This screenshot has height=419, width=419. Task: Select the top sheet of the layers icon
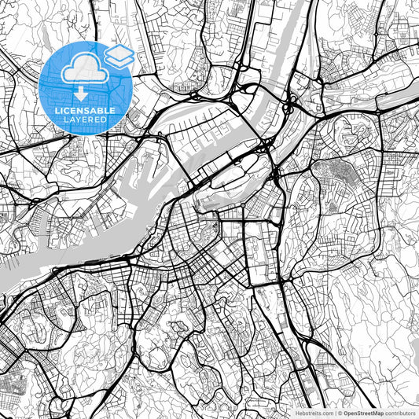119,51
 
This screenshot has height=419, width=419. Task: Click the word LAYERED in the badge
84,121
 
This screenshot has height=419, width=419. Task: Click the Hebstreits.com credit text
313,413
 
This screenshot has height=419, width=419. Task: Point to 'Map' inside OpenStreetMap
377,413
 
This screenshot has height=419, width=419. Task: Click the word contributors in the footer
401,413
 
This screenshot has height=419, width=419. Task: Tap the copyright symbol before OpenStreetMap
339,413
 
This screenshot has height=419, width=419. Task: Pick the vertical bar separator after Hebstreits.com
334,413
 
